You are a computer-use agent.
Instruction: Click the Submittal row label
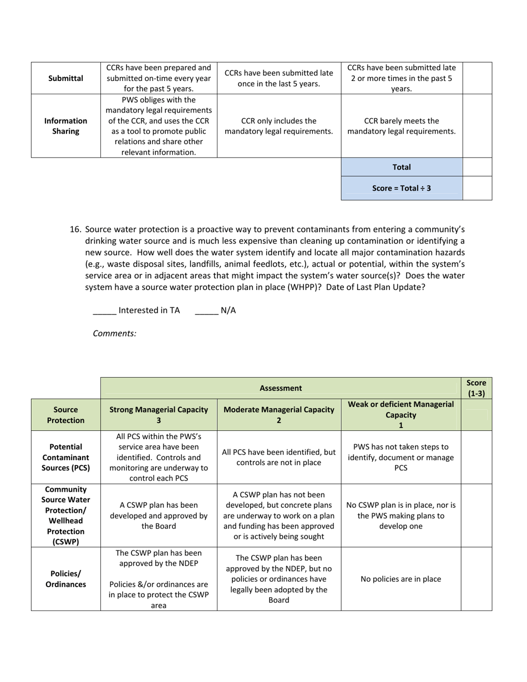[65, 78]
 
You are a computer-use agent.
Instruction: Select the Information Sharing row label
[65, 126]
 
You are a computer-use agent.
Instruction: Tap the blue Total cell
[401, 167]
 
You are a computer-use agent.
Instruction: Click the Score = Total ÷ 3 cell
[401, 188]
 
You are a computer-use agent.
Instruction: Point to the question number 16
[76, 230]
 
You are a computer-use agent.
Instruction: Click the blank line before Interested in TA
[104, 311]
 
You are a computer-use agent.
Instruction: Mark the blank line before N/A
[206, 311]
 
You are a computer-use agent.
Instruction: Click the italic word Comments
[114, 333]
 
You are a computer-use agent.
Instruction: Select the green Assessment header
[281, 388]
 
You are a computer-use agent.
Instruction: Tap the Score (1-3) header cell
[476, 388]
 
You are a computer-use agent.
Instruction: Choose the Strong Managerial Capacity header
[159, 415]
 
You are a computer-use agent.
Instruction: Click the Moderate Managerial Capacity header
[278, 415]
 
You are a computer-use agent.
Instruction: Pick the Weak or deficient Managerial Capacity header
[401, 415]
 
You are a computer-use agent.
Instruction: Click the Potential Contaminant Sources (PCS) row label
[65, 457]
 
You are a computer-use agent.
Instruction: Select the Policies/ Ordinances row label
[65, 579]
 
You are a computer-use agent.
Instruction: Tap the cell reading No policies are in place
[401, 579]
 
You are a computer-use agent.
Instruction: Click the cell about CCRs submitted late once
[278, 78]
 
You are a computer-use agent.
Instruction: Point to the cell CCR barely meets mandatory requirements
[401, 126]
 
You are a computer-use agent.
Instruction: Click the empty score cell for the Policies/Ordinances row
[476, 579]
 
